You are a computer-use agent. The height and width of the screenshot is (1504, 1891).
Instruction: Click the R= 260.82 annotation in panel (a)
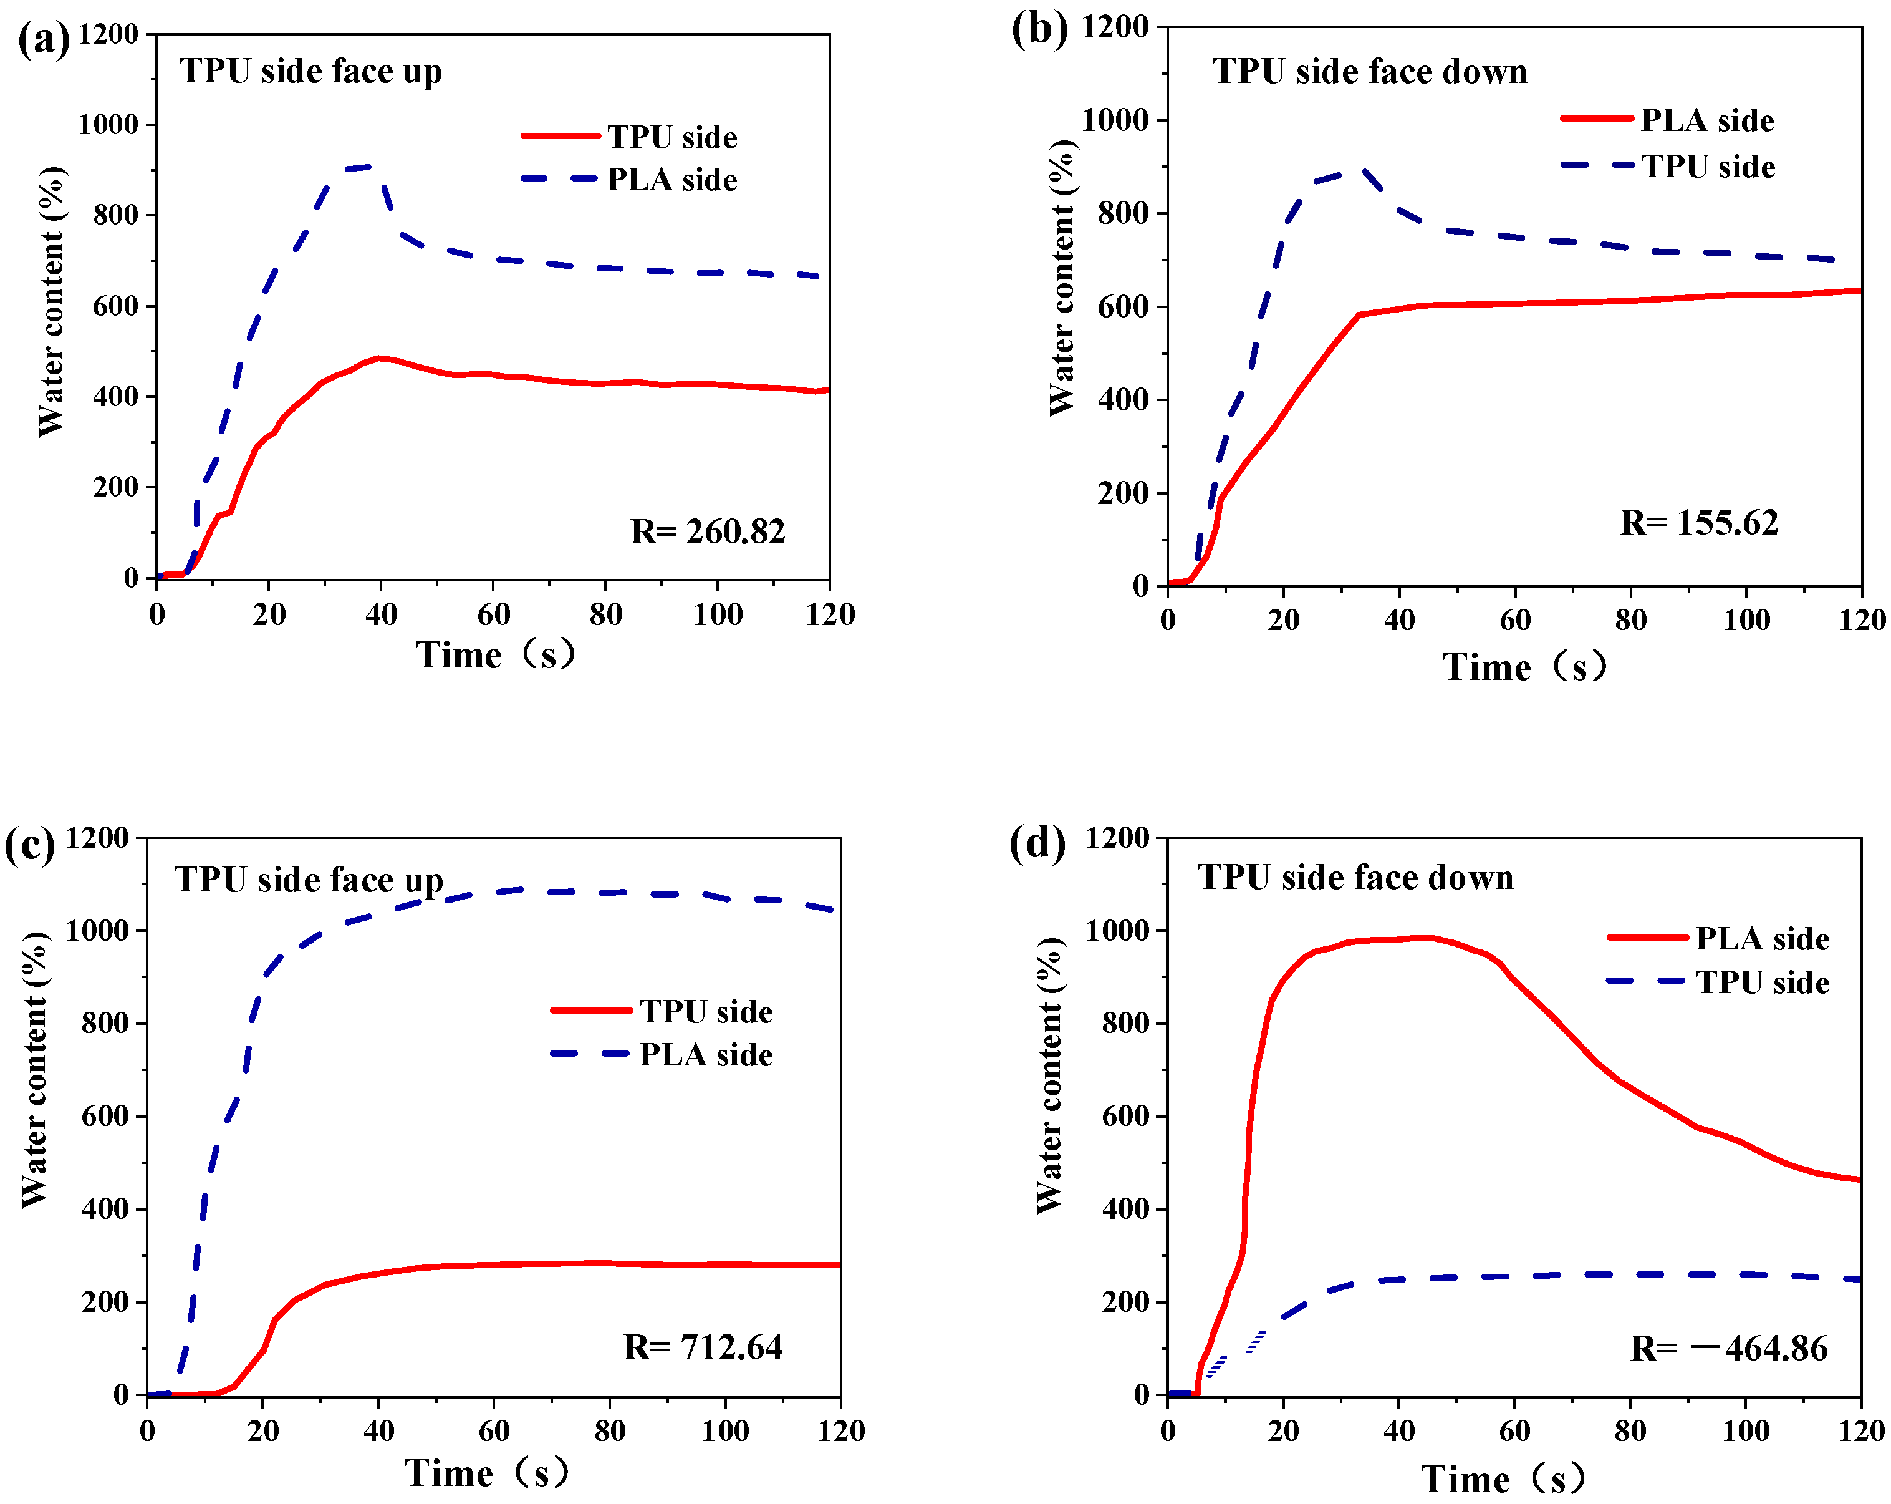tap(707, 531)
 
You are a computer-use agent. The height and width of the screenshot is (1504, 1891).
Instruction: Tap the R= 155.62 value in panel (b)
tap(1698, 523)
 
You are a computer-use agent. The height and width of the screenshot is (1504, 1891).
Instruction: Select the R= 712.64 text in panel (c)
tap(703, 1347)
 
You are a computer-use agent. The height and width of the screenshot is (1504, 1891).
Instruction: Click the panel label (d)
tap(1037, 843)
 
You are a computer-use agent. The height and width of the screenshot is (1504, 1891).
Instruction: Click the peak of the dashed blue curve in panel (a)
tap(368, 166)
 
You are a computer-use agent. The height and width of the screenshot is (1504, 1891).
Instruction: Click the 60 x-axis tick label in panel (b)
tap(1514, 621)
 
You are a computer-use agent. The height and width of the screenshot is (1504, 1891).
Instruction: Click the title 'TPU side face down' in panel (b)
tap(1369, 72)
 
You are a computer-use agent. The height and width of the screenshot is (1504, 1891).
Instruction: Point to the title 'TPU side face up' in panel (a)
tap(310, 72)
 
